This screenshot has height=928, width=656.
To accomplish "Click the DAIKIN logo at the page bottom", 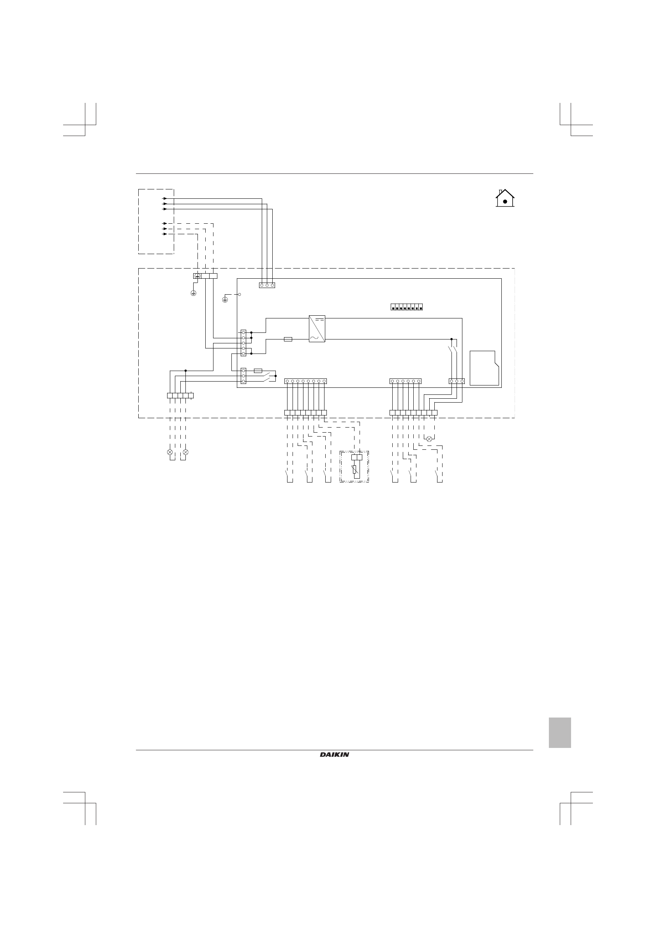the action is [335, 755].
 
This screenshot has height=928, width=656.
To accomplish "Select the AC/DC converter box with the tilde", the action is [317, 329].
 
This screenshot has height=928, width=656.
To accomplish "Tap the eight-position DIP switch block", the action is [406, 307].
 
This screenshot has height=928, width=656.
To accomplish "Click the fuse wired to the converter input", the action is [288, 339].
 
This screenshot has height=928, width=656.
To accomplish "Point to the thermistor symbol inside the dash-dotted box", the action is [354, 469].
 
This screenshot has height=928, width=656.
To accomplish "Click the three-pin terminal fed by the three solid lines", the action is [267, 285].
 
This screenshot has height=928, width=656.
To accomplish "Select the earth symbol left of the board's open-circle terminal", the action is [225, 299].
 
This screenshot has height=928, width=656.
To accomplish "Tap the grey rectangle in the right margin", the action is [559, 732].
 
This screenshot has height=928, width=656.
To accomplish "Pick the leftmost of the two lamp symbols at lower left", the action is [170, 452].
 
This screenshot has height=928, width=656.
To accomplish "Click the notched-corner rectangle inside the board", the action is [484, 368].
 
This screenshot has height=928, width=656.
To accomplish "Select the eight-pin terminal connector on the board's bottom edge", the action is [305, 381].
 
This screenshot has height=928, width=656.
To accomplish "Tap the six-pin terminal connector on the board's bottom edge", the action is [405, 381].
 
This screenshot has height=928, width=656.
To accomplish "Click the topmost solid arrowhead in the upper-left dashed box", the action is [165, 198].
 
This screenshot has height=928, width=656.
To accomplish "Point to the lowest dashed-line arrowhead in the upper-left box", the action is [165, 234].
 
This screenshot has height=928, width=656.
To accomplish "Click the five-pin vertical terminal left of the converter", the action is [243, 343].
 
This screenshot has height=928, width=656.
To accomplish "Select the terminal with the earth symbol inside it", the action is [197, 276].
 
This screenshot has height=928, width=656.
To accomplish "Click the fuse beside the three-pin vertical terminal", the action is [258, 370].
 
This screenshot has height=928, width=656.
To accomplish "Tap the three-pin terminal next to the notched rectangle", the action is [457, 381].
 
